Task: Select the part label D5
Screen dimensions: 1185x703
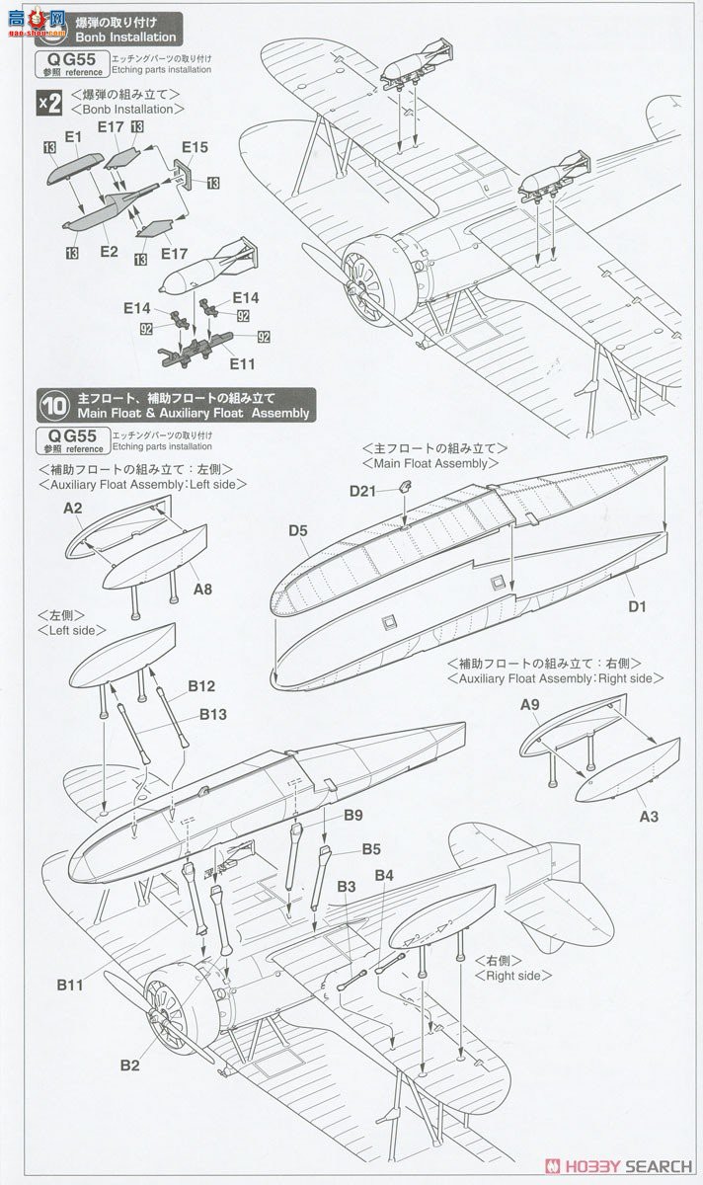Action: point(299,530)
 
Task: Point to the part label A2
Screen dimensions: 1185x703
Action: point(72,509)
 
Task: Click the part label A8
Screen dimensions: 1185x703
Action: point(202,590)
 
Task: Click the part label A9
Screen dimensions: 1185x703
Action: point(529,704)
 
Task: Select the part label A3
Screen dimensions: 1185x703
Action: point(649,817)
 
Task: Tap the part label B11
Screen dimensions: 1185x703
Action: point(69,984)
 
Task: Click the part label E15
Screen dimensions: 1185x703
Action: point(195,147)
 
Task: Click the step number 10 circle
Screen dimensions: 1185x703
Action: point(51,405)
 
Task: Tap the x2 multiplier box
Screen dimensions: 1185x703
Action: point(48,103)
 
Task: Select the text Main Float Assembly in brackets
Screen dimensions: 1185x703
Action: point(425,463)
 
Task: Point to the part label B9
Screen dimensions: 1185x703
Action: point(353,815)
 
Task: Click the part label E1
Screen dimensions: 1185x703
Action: point(72,136)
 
